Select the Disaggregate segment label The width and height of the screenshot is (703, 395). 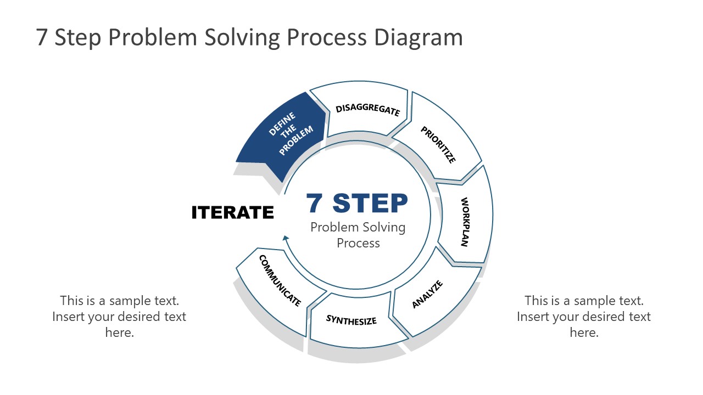coord(367,110)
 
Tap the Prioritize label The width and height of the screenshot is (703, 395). coord(438,145)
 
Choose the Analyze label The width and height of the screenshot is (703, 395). coord(427,294)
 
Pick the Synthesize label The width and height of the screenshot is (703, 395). coord(351,320)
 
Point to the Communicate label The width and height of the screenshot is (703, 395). coord(280,280)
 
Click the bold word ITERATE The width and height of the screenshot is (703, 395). coord(232,213)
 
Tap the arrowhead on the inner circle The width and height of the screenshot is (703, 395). coord(285,238)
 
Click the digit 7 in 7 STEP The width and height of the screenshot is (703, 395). coord(315,204)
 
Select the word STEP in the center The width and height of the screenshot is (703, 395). coord(370,204)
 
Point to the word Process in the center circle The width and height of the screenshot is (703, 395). coord(358,243)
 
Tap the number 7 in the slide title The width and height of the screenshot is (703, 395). coord(42,37)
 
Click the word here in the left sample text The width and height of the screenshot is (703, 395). coord(119,332)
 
